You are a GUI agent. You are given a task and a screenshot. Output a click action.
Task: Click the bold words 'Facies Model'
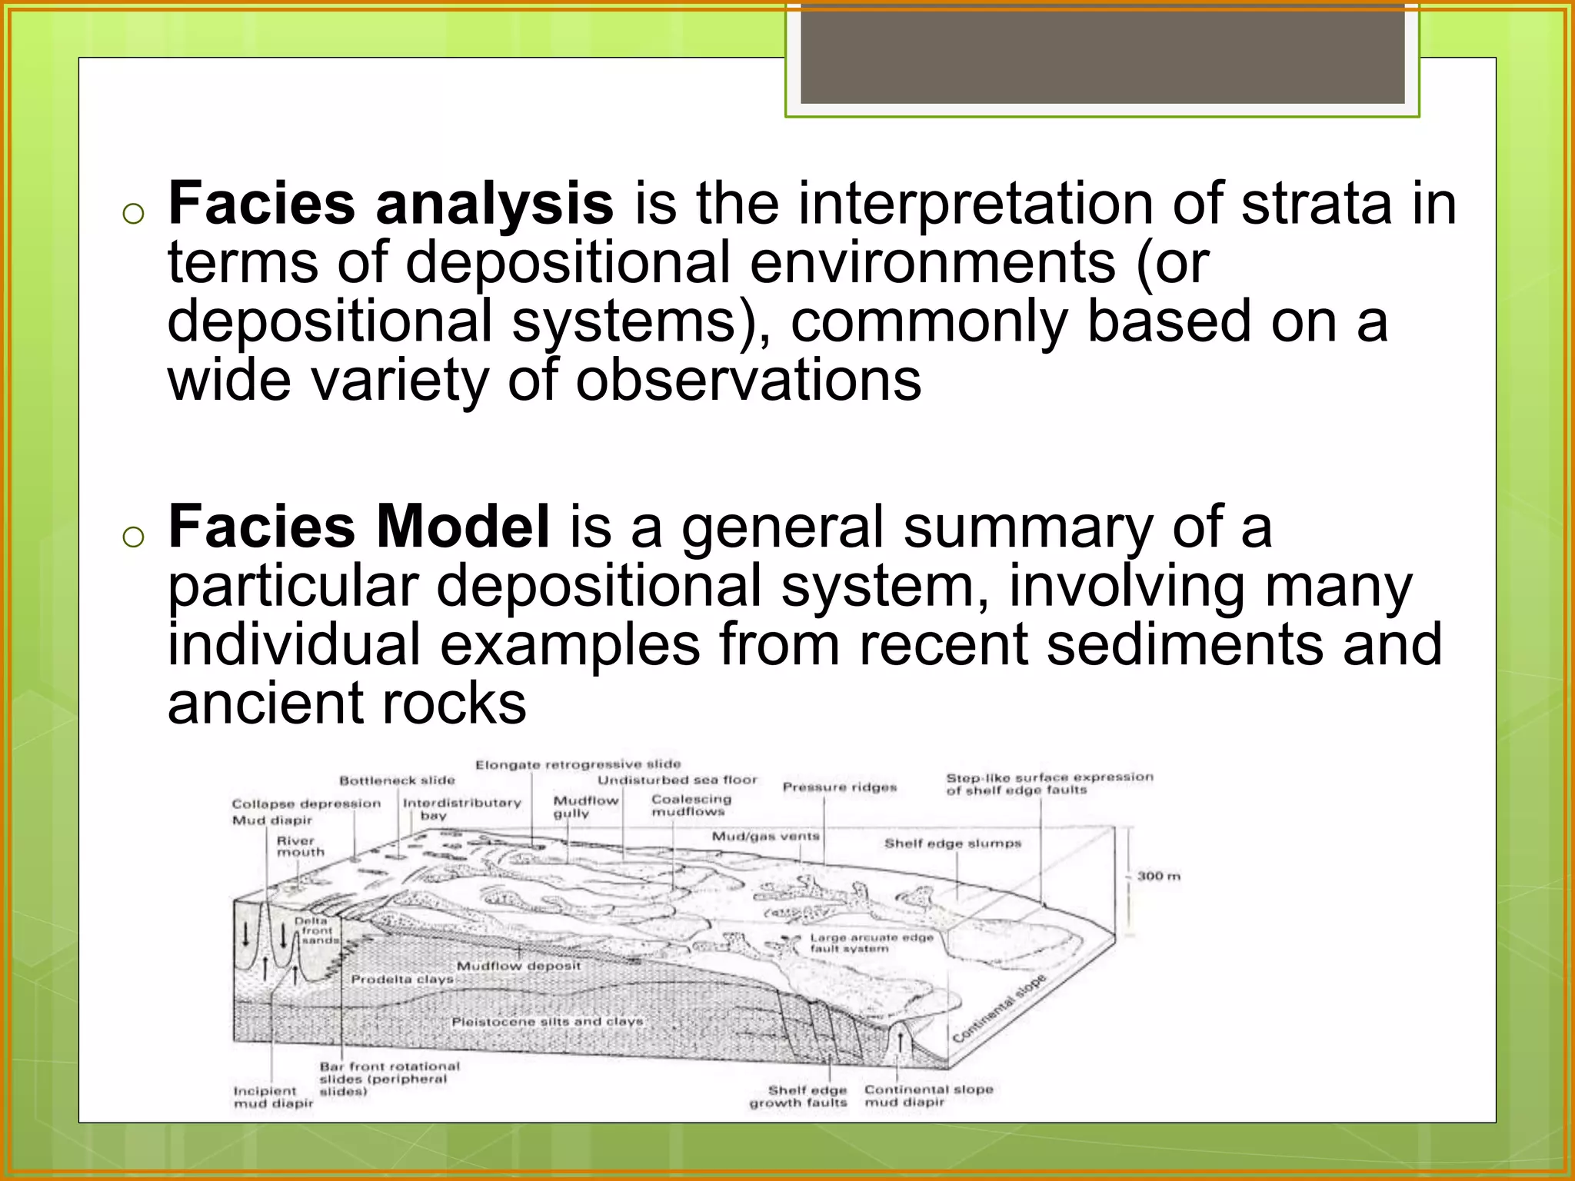(x=358, y=527)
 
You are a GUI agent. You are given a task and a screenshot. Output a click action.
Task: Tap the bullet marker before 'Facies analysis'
(x=133, y=214)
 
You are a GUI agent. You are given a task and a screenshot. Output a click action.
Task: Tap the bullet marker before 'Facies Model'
(x=133, y=537)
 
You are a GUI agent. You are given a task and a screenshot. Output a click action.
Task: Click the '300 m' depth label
(x=1158, y=876)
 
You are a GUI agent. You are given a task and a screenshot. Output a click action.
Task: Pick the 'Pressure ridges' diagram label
(x=839, y=787)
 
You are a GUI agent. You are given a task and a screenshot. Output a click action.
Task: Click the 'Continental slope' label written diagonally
(x=999, y=1007)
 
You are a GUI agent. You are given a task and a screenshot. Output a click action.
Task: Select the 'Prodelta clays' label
(x=402, y=980)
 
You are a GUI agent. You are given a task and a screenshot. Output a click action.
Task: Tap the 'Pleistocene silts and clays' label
(x=547, y=1022)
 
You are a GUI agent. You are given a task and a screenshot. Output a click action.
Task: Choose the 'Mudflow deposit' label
(x=518, y=966)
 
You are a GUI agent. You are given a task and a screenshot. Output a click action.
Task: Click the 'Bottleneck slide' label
(x=397, y=780)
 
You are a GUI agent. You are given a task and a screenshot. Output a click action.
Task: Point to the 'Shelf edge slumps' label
(x=952, y=843)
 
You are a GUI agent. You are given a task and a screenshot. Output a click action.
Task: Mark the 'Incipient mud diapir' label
(x=273, y=1097)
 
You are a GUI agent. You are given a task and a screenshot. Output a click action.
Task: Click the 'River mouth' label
(x=300, y=847)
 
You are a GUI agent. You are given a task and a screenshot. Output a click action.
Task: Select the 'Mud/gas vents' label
(x=765, y=837)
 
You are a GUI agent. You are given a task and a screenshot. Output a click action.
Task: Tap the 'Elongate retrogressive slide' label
(x=578, y=764)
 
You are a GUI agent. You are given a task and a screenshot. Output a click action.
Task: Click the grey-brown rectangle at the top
(x=1102, y=52)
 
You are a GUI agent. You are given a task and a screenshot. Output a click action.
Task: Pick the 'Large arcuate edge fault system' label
(x=871, y=943)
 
